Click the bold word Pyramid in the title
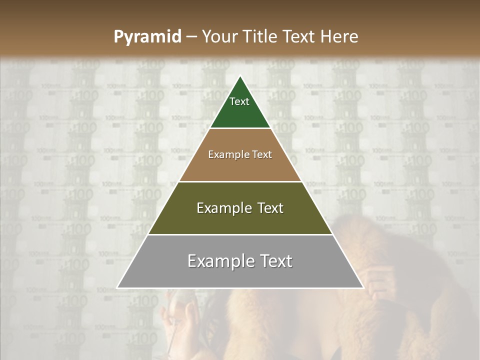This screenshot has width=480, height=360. pyautogui.click(x=147, y=37)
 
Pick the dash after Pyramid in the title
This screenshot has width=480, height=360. pyautogui.click(x=191, y=37)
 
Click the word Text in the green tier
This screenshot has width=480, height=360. pyautogui.click(x=239, y=101)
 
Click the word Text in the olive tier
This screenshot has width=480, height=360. pyautogui.click(x=270, y=208)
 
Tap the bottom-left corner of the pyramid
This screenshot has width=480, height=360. pyautogui.click(x=117, y=288)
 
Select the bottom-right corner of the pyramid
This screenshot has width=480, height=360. pyautogui.click(x=363, y=288)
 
